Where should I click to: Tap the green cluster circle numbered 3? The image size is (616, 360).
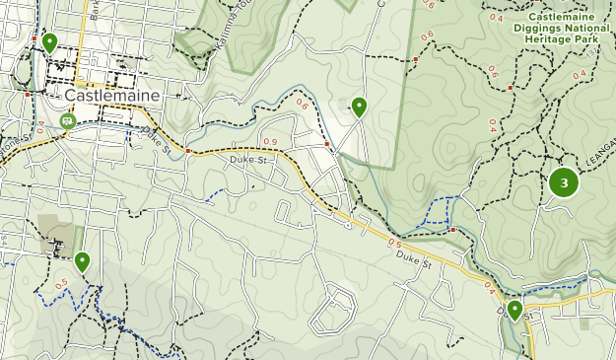[x=564, y=182]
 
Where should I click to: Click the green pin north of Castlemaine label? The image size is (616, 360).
[x=49, y=43]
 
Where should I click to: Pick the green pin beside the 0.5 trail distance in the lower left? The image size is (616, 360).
[x=82, y=261]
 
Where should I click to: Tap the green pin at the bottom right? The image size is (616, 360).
[x=514, y=311]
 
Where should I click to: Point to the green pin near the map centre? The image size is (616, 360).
[x=359, y=107]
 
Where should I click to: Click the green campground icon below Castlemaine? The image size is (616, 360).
[x=67, y=121]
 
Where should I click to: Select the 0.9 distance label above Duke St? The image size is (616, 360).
[x=270, y=144]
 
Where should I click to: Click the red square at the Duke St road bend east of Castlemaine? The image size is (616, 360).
[x=186, y=151]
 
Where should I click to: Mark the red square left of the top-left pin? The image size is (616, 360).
[x=34, y=40]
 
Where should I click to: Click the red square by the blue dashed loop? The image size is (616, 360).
[x=451, y=230]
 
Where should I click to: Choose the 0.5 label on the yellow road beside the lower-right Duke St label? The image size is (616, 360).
[x=394, y=243]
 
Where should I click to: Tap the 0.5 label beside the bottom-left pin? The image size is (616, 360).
[x=61, y=284]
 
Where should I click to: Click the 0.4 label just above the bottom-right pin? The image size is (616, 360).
[x=490, y=288]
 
